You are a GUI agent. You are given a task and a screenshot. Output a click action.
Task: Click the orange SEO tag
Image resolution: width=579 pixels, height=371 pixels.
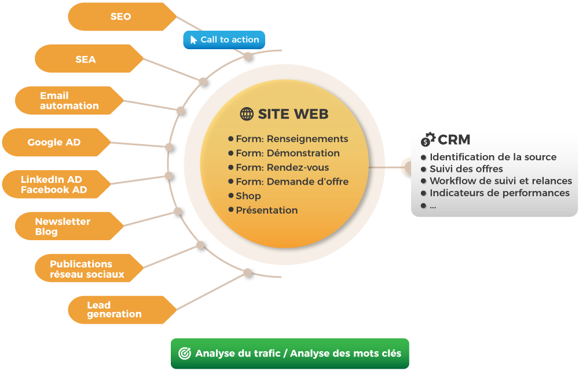click(x=122, y=17)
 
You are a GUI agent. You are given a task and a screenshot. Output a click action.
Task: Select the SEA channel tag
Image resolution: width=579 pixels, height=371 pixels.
click(x=89, y=58)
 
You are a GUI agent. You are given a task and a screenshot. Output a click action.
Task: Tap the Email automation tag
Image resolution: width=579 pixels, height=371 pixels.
click(x=69, y=100)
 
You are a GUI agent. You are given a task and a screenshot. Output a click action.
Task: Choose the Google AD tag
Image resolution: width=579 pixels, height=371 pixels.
click(x=56, y=142)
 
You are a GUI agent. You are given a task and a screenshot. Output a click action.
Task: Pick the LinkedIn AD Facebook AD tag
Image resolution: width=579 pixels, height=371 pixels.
click(x=56, y=184)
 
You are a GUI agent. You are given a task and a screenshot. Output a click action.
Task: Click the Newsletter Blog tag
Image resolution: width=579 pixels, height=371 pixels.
click(x=69, y=226)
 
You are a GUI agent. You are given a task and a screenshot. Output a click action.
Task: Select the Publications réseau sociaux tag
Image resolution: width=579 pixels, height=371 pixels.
click(x=89, y=268)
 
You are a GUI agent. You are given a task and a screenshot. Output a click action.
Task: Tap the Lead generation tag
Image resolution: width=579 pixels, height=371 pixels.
click(x=122, y=310)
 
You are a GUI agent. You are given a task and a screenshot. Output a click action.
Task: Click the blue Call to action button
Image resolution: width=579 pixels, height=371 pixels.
click(x=224, y=40)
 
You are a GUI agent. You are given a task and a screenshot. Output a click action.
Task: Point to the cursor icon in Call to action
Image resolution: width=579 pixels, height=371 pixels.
click(x=193, y=40)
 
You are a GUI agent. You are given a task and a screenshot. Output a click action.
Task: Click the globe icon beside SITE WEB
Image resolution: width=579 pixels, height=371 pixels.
click(x=247, y=114)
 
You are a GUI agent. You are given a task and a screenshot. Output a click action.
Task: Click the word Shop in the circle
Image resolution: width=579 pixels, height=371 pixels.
click(x=248, y=196)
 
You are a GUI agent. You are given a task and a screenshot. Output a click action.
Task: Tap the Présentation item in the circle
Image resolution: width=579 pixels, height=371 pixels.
click(x=266, y=211)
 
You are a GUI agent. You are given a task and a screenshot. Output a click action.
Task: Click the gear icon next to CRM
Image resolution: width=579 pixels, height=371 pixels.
click(x=428, y=139)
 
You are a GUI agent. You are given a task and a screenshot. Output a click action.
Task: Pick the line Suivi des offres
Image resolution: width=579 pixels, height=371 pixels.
click(x=466, y=169)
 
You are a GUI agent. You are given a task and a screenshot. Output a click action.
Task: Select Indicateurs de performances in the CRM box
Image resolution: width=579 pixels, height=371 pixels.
click(x=500, y=193)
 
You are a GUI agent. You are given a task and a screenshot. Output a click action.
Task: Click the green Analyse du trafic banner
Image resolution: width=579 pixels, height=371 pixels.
click(x=290, y=353)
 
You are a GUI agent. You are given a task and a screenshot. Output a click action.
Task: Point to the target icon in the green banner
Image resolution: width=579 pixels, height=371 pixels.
click(x=185, y=353)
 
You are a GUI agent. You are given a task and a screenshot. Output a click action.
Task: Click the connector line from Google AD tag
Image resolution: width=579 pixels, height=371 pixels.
click(x=140, y=145)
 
